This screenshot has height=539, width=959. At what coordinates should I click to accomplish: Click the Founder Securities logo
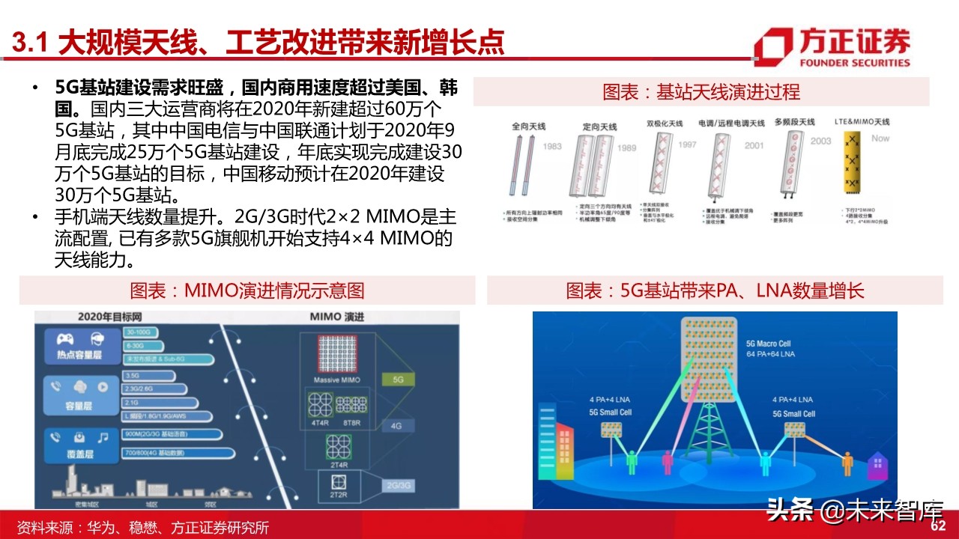(x=832, y=47)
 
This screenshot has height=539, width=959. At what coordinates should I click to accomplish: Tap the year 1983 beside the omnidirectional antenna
(x=552, y=147)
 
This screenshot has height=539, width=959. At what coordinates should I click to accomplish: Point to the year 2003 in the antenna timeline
(x=820, y=141)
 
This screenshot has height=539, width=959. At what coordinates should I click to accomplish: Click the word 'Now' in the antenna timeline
(x=880, y=138)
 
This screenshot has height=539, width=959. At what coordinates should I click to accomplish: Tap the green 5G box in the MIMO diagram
(x=398, y=380)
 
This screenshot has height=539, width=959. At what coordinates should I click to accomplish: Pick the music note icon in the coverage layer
(x=102, y=436)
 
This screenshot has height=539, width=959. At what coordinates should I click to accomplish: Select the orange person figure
(x=847, y=462)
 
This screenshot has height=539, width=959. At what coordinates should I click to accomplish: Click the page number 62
(x=938, y=526)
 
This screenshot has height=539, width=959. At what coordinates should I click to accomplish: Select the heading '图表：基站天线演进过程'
(x=701, y=92)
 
